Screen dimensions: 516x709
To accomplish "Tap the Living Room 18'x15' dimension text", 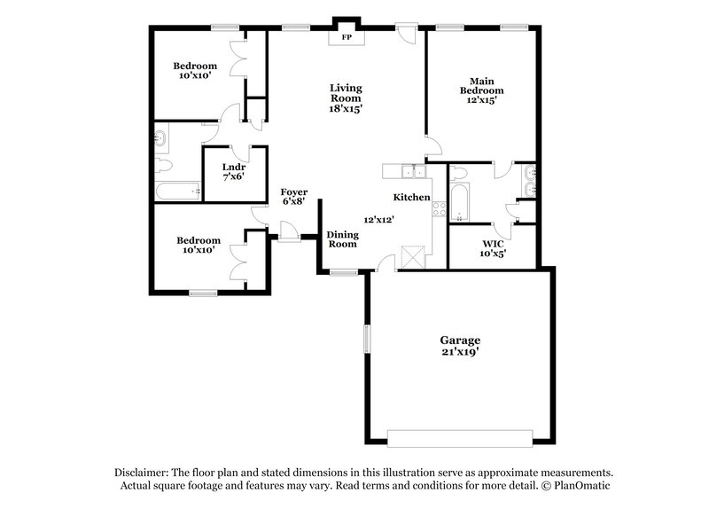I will pos(347,108).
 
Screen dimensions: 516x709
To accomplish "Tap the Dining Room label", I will pos(342,238).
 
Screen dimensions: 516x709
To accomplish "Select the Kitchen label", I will pos(412,197).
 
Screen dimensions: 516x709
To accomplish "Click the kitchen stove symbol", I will pos(438,209).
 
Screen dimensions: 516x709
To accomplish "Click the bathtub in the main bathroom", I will pos(458,203).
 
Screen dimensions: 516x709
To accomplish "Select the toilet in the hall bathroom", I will pos(164,166).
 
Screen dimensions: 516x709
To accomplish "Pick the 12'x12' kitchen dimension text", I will pos(378,219).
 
